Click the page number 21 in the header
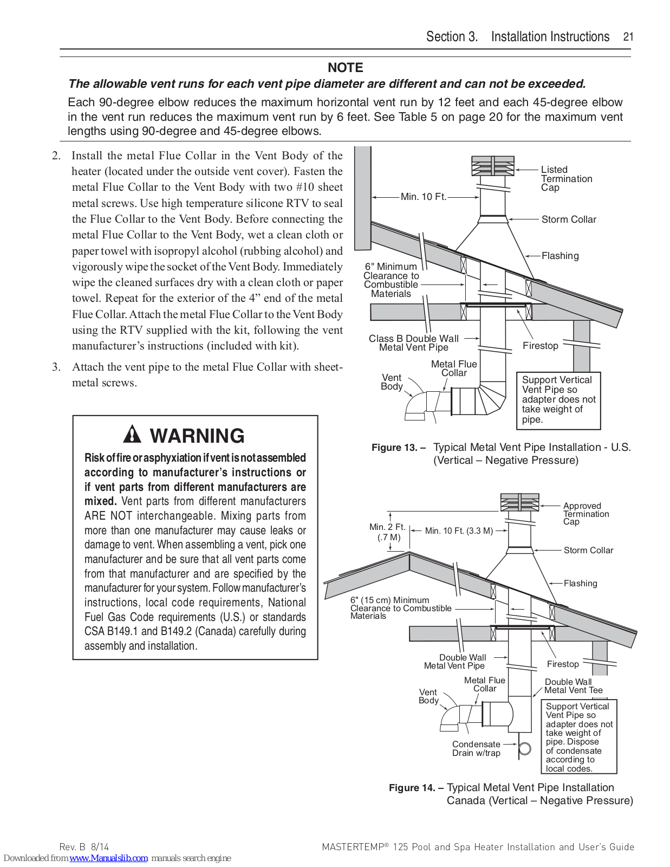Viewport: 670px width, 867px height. pos(628,37)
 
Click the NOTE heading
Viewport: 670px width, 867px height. pos(345,68)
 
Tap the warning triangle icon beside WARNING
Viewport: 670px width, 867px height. pos(132,435)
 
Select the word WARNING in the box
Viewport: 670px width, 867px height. pos(197,436)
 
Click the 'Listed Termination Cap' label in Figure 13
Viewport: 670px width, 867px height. pos(566,178)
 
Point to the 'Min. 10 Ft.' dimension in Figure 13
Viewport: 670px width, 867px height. pos(423,197)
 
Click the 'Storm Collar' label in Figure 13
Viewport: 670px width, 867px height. pos(568,219)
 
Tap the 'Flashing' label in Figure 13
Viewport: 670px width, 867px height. pos(560,256)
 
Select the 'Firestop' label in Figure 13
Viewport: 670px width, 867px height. pos(540,346)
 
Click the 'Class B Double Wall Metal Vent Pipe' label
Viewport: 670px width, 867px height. pos(413,343)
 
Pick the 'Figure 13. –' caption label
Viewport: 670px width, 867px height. pos(398,448)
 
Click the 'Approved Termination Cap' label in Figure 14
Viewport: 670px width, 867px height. pos(586,514)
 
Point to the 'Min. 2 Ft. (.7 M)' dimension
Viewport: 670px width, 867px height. pos(387,532)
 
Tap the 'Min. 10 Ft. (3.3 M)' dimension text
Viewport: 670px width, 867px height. pos(459,531)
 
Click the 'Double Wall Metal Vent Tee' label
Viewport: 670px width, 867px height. pos(573,686)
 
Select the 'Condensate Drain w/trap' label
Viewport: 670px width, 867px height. pos(476,749)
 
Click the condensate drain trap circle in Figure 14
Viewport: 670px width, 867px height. pos(524,748)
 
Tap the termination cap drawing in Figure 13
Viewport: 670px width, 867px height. pos(492,166)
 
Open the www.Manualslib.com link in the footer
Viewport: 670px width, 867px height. pos(108,858)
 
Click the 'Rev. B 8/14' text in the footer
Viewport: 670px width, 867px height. pos(84,847)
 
